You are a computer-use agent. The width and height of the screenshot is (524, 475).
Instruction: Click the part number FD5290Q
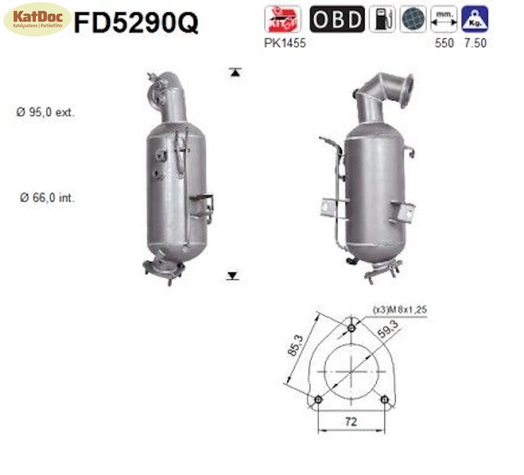136,23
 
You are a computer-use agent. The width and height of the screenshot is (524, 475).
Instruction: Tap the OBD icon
337,19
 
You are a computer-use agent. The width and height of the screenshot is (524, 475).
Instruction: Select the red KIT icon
282,19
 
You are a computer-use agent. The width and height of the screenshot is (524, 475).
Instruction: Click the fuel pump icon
382,19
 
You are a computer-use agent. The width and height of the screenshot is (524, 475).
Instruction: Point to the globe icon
413,19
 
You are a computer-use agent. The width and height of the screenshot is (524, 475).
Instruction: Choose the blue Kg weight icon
474,19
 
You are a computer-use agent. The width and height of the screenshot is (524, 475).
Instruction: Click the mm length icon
443,19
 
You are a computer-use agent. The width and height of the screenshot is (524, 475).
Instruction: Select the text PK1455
285,43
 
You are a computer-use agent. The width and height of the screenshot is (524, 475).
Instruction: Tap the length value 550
444,43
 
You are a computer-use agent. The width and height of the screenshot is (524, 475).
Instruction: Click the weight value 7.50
475,43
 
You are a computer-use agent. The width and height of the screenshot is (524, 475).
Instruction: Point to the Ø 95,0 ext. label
46,113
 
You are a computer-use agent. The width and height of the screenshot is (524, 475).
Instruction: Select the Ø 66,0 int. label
47,198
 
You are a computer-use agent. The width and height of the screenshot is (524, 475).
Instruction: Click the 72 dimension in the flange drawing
351,421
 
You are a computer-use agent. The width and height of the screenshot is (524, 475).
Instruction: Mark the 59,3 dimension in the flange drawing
388,331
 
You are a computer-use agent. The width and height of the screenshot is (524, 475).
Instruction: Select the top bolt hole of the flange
352,328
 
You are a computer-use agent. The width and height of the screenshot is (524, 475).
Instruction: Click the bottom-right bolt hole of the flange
385,400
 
